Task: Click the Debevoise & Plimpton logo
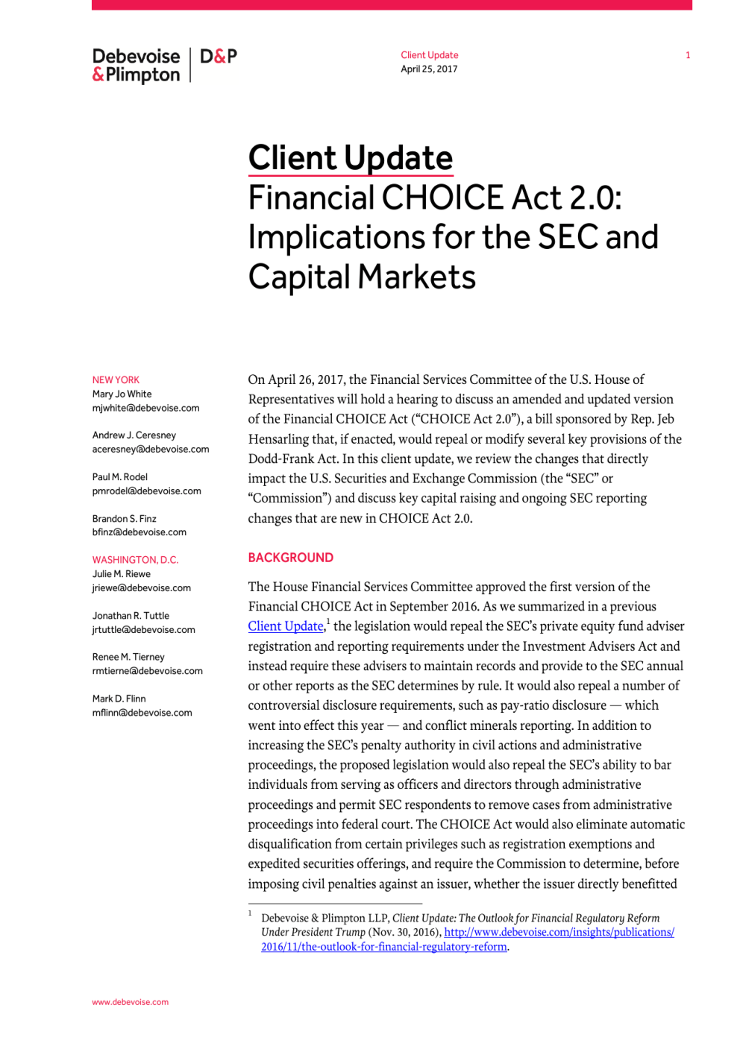pos(137,66)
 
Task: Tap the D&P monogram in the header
pos(219,57)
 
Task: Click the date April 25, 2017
pos(429,69)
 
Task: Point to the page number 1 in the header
pos(688,55)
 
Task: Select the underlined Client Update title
pos(351,158)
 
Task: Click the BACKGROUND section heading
pos(291,558)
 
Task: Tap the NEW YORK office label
pos(116,380)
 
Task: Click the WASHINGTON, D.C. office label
pos(135,560)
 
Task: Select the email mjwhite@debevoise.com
pos(145,409)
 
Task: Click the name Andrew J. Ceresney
pos(134,435)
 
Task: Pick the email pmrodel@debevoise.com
pos(146,491)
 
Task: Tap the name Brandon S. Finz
pos(125,519)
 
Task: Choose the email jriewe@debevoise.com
pos(141,588)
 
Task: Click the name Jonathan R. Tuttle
pos(131,616)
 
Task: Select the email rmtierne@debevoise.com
pos(147,671)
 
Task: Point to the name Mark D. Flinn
pos(119,699)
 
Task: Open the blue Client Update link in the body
pos(286,626)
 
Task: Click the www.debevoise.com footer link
pos(130,1002)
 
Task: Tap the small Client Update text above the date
pos(429,55)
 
